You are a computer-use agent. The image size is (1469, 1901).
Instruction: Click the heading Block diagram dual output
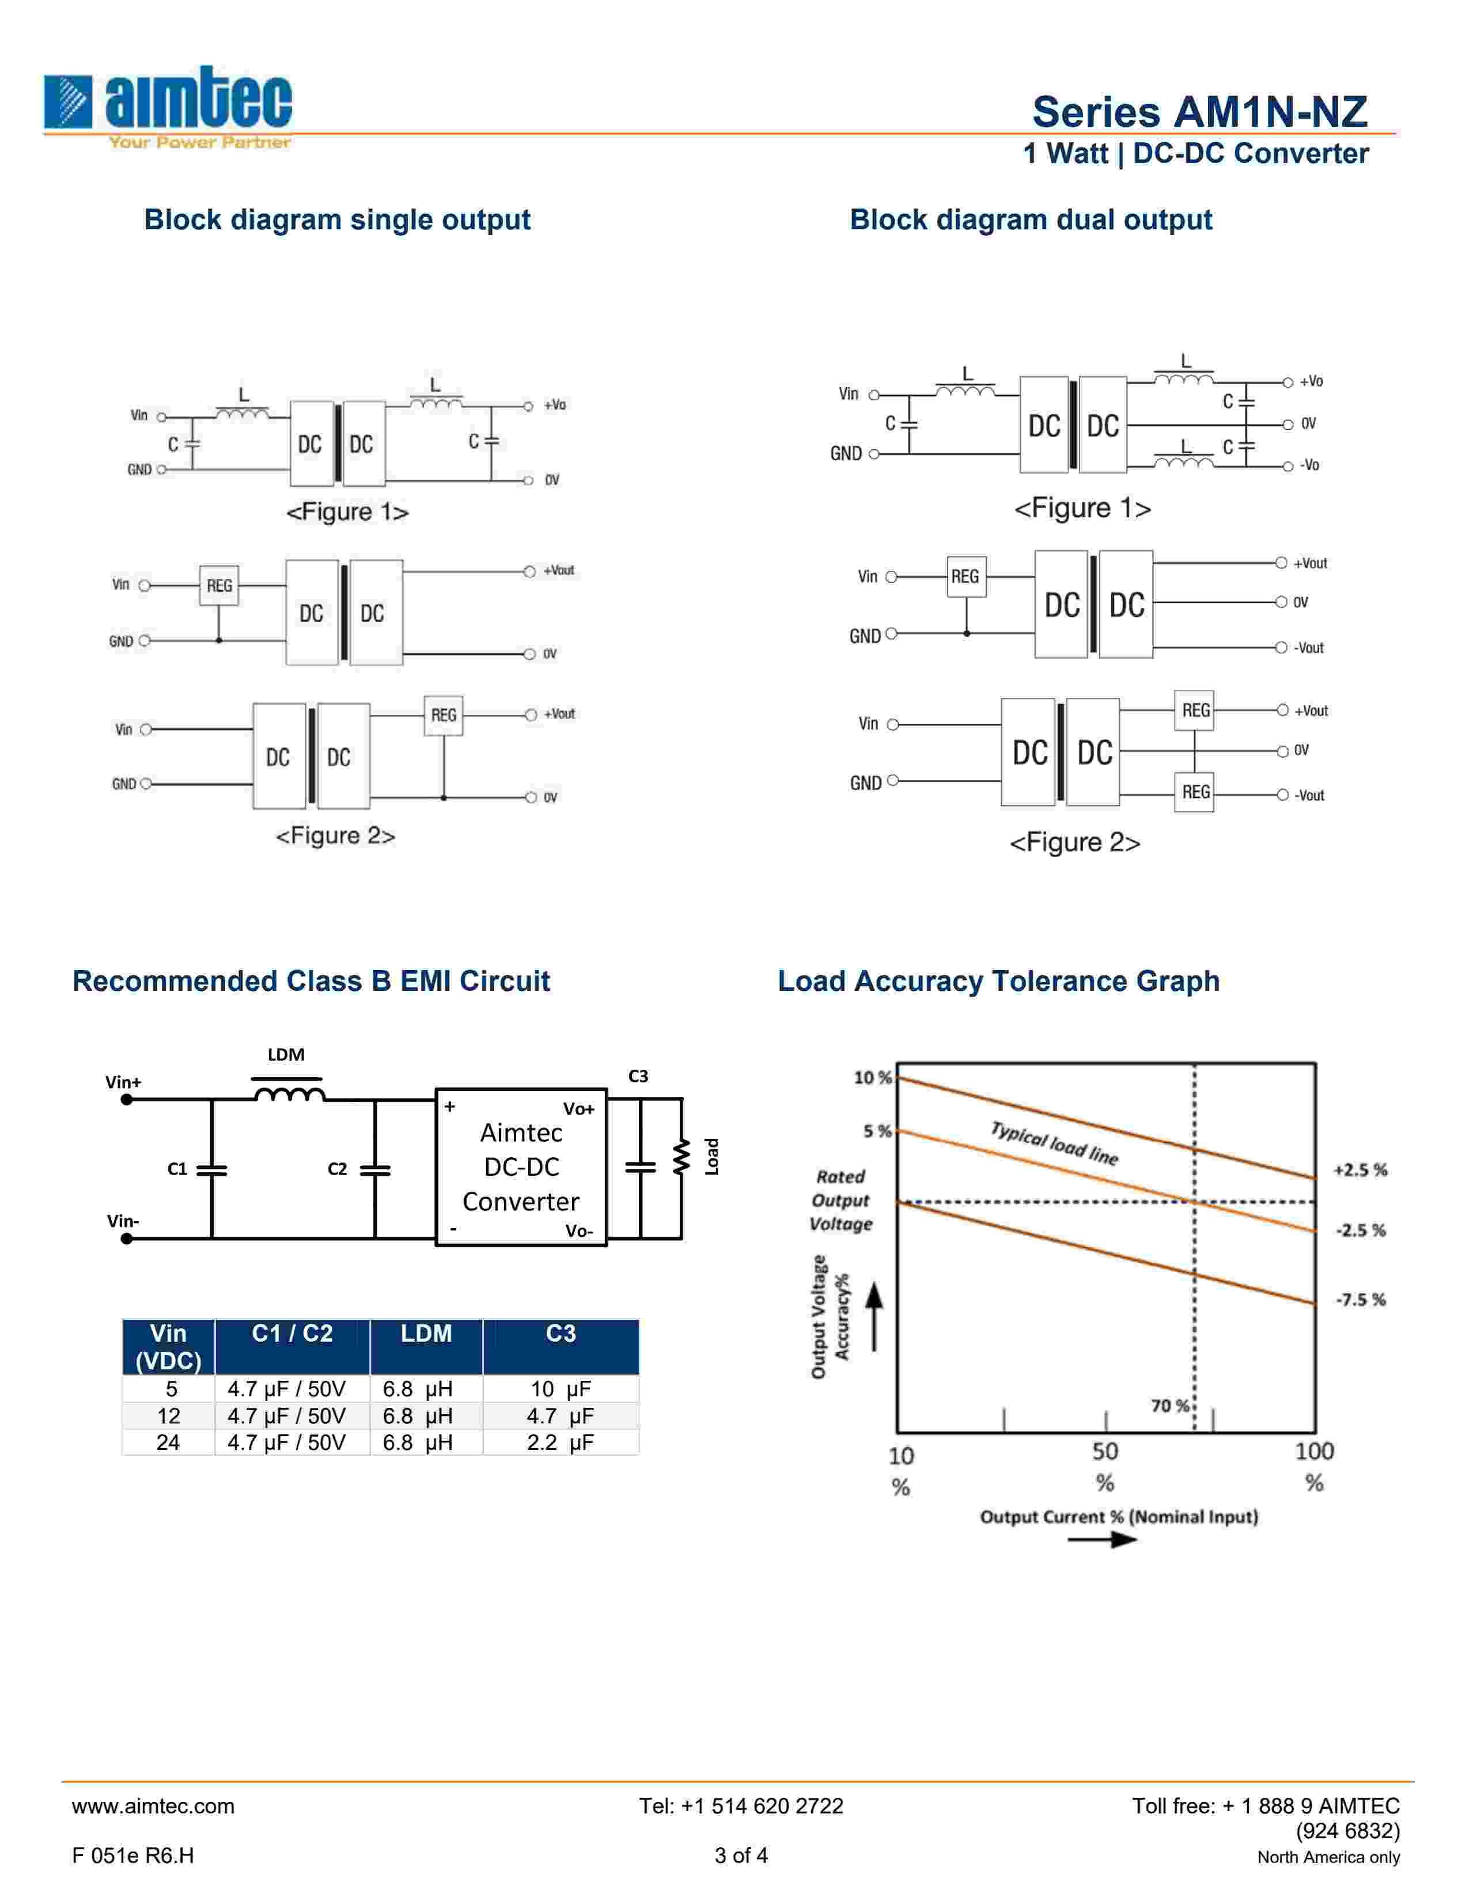1031,219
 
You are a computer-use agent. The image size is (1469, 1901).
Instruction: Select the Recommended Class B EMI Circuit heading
311,981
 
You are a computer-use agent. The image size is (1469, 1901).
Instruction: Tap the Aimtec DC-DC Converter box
520,1167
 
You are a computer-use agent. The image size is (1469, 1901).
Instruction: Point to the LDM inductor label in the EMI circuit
285,1055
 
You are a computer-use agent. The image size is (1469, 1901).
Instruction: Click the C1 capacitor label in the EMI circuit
177,1169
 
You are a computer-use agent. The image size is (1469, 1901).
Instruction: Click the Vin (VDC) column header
168,1347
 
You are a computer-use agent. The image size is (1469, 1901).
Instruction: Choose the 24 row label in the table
168,1442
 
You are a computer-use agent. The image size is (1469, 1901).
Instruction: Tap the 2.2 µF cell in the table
561,1442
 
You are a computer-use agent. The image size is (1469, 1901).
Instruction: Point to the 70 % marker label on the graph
1169,1405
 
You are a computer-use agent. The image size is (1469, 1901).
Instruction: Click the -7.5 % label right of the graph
1360,1300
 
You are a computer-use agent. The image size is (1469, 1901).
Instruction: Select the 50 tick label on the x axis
1104,1452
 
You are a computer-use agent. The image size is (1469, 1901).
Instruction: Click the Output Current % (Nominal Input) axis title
1118,1516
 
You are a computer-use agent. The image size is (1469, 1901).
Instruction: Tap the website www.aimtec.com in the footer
153,1806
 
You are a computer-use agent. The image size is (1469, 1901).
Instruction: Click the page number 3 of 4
741,1855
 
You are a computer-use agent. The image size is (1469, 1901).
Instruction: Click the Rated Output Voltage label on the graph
840,1201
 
